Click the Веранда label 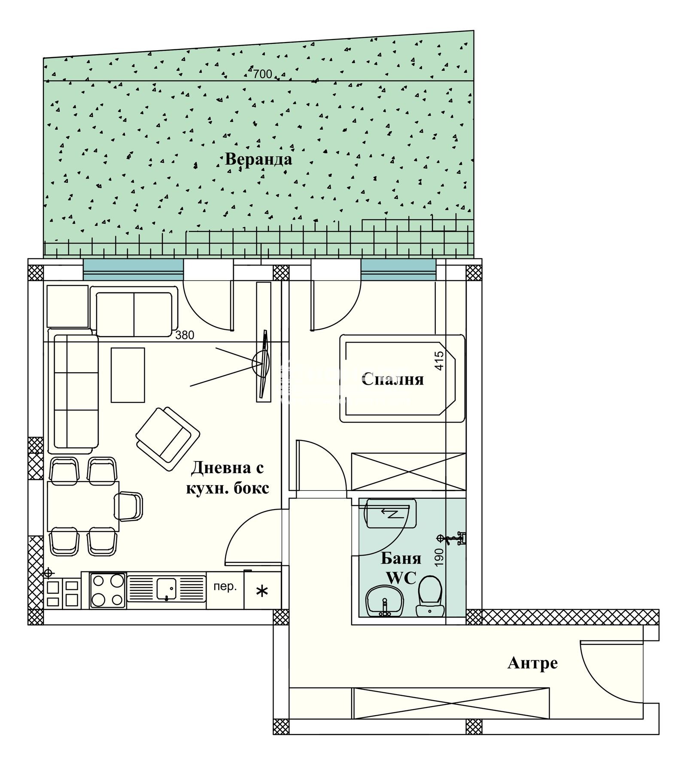point(258,159)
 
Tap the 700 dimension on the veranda point(262,74)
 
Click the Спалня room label point(392,379)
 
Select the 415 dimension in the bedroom point(439,361)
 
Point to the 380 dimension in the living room point(185,335)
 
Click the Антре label point(532,663)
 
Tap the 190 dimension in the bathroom point(439,558)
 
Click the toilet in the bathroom point(430,596)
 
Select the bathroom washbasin point(384,601)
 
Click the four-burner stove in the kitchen point(108,591)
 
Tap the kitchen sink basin point(166,589)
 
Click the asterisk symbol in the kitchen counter point(262,592)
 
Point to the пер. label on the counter point(225,587)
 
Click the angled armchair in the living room point(167,439)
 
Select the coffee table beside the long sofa point(128,375)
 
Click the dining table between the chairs point(83,507)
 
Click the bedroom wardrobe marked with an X point(408,471)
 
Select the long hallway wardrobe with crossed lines point(451,703)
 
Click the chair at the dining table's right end point(128,506)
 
